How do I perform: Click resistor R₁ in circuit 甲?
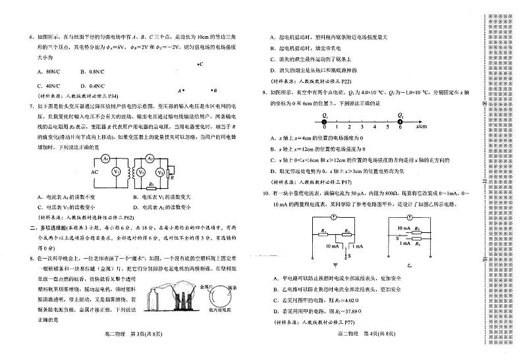click(323, 230)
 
